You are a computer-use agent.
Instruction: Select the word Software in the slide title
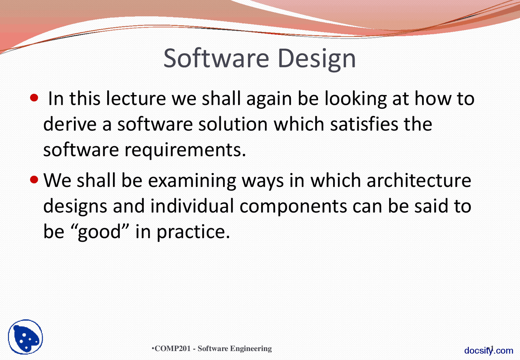click(216, 58)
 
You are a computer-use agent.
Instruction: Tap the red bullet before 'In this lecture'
click(35, 98)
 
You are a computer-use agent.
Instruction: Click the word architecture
click(418, 180)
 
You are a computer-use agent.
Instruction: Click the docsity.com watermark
click(489, 351)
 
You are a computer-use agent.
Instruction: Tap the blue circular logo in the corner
click(26, 337)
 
